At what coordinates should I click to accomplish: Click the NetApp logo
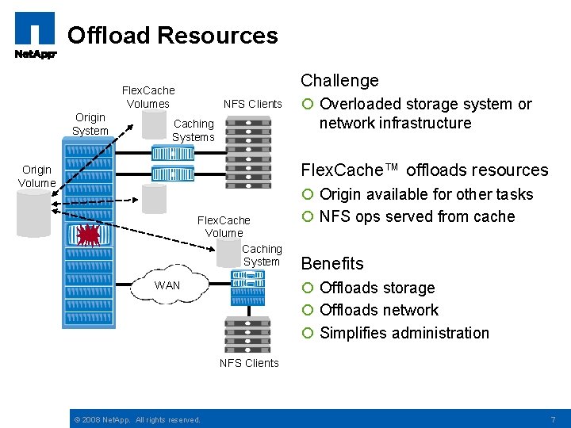point(35,36)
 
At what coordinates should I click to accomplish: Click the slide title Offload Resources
point(173,36)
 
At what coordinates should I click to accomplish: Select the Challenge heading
point(339,80)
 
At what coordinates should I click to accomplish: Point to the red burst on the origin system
point(89,236)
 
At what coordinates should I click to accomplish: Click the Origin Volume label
point(36,176)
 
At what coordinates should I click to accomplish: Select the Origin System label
point(90,124)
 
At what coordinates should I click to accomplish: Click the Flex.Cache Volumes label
point(148,97)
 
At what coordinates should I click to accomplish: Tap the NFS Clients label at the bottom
point(249,363)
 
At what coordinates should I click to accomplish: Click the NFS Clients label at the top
point(252,104)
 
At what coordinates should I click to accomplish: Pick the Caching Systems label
point(194,130)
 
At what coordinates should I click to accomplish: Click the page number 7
point(553,418)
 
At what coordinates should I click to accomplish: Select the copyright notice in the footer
point(136,419)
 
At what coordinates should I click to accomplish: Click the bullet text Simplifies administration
point(404,333)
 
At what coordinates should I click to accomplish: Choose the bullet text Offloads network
point(378,310)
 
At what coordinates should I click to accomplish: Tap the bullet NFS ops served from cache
point(416,216)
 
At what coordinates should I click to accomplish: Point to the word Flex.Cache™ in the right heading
point(351,170)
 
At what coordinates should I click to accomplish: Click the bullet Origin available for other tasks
point(426,194)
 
